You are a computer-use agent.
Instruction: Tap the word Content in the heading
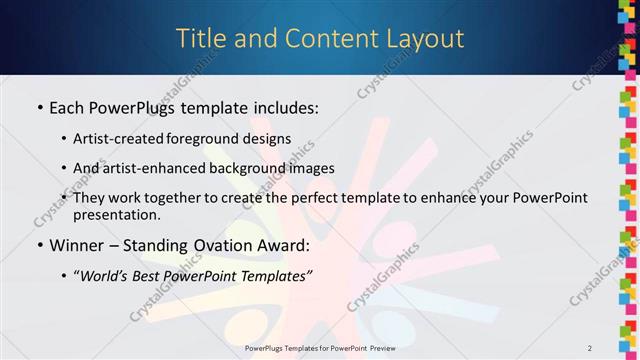coord(322,39)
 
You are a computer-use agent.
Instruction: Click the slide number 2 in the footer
coord(591,348)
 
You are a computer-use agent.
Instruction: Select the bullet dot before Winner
coord(39,245)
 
